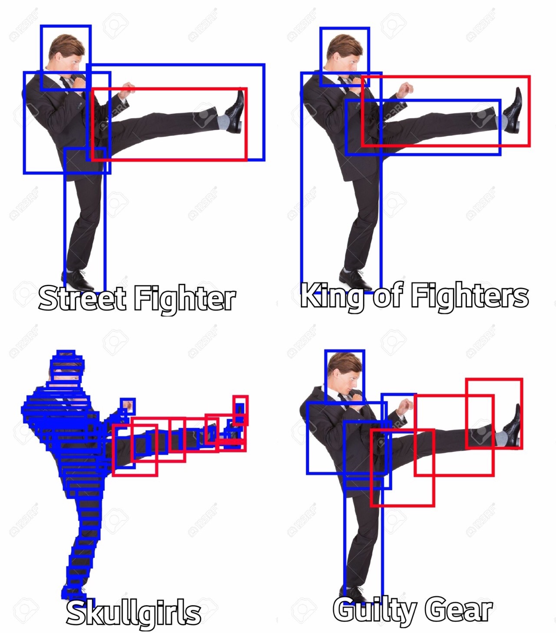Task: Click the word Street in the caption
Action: pos(82,298)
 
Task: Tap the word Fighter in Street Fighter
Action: pos(185,299)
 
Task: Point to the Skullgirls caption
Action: pos(133,613)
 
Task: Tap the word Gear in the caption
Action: pos(458,609)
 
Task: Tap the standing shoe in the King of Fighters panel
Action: pos(355,279)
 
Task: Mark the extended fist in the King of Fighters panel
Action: pos(405,90)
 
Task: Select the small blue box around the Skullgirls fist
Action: pos(128,406)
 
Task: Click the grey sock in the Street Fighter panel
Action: pos(223,122)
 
